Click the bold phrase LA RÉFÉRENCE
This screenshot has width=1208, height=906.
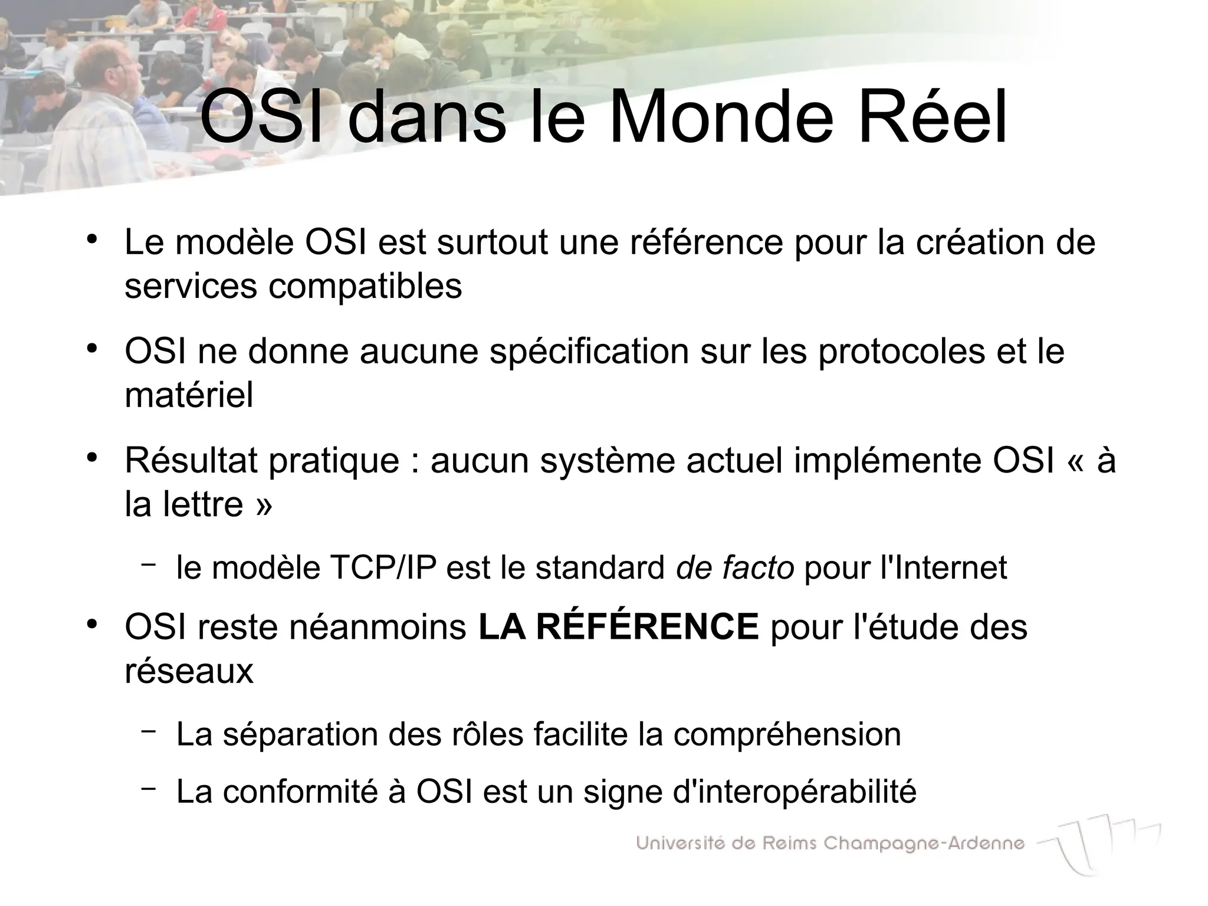coord(618,626)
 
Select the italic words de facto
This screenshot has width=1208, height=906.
coord(735,567)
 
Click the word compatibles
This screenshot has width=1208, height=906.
coord(365,287)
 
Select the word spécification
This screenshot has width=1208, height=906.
coord(589,352)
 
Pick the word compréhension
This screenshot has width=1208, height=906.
coord(787,734)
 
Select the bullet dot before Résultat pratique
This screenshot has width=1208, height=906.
coord(91,458)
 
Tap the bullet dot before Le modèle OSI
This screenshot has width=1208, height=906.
coord(91,239)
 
